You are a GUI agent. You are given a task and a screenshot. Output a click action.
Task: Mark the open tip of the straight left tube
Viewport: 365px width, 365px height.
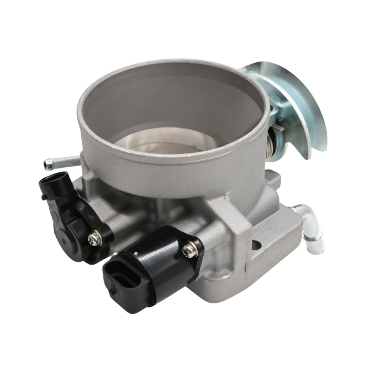pyautogui.click(x=48, y=165)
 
